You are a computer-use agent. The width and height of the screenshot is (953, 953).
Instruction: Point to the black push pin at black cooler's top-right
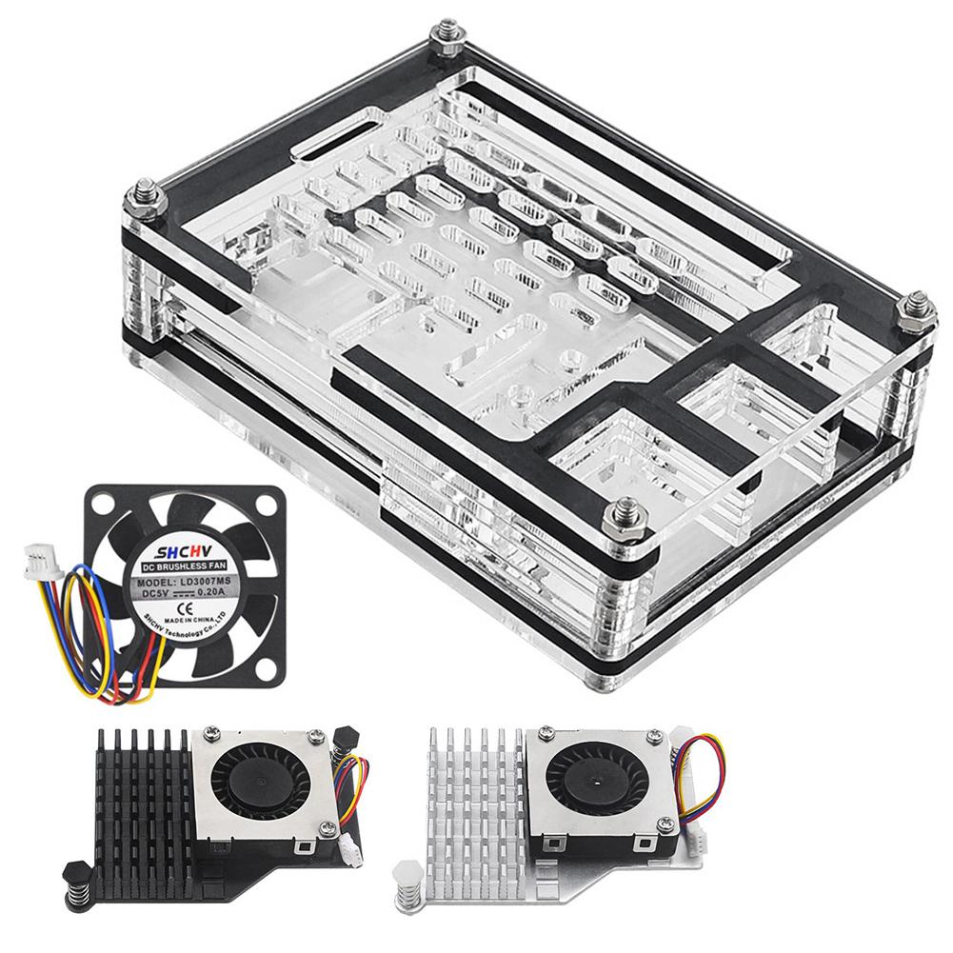click(343, 737)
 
